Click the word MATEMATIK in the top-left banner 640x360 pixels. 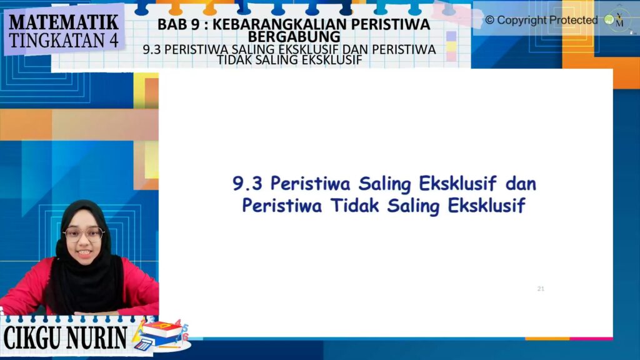[64, 22]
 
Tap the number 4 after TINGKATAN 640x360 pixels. [113, 41]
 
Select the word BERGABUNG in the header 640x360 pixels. [294, 37]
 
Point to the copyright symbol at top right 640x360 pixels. [489, 20]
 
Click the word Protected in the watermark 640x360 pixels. [573, 20]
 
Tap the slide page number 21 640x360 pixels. [541, 289]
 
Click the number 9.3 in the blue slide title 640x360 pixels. [247, 183]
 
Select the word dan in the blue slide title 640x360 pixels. [521, 183]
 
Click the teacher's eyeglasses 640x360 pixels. [84, 234]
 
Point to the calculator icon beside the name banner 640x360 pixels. [143, 344]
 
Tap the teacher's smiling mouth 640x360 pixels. [85, 253]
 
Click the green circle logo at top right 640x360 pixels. [609, 19]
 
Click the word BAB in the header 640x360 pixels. [171, 24]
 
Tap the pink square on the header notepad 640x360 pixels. [451, 56]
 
